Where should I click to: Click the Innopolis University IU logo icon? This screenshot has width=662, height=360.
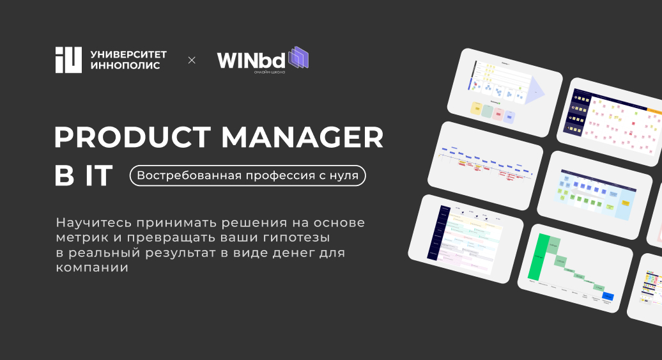click(x=68, y=60)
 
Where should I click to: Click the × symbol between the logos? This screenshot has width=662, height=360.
click(x=192, y=60)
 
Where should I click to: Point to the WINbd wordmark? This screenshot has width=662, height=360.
click(x=252, y=60)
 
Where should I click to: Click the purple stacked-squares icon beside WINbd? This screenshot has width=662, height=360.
click(x=298, y=58)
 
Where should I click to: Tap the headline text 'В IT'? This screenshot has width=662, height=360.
click(x=84, y=176)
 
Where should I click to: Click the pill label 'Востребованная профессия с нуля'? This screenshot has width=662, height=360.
click(x=248, y=175)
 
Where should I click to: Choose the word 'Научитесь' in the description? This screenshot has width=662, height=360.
click(x=88, y=223)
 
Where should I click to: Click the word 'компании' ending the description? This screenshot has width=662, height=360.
click(x=92, y=267)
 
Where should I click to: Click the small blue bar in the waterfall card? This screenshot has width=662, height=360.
click(x=608, y=297)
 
